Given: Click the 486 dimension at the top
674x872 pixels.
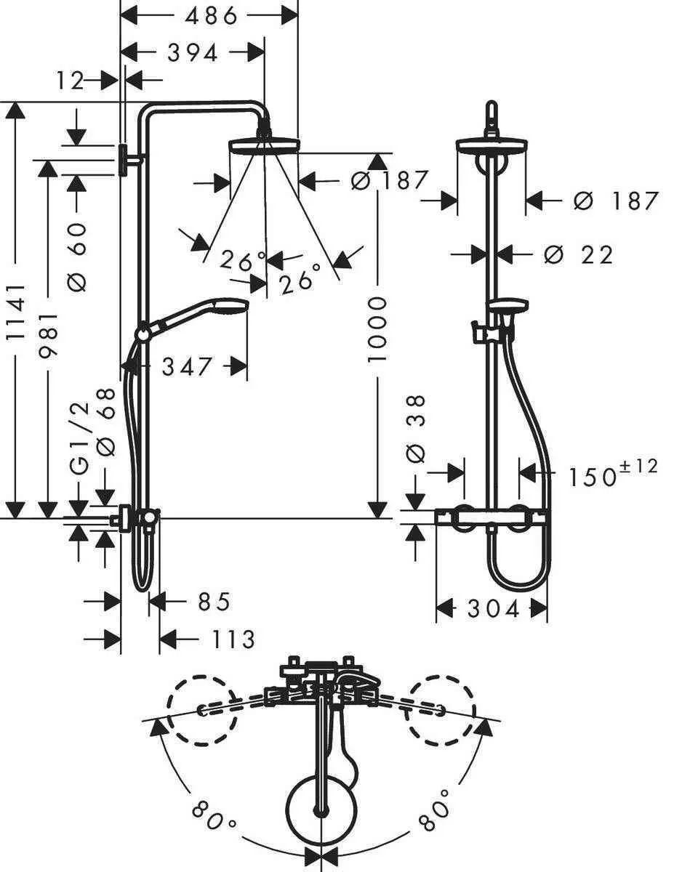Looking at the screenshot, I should click(210, 15).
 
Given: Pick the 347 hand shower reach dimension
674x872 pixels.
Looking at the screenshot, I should click(187, 366).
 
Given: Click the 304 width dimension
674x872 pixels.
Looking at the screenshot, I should click(493, 609).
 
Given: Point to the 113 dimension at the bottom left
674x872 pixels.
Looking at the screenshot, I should click(233, 639).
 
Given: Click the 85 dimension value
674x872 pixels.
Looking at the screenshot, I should click(214, 602).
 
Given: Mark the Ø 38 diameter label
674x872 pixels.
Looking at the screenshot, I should click(417, 429).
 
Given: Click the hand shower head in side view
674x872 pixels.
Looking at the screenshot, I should click(230, 308).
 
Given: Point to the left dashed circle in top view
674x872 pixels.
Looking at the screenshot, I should click(201, 710).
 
